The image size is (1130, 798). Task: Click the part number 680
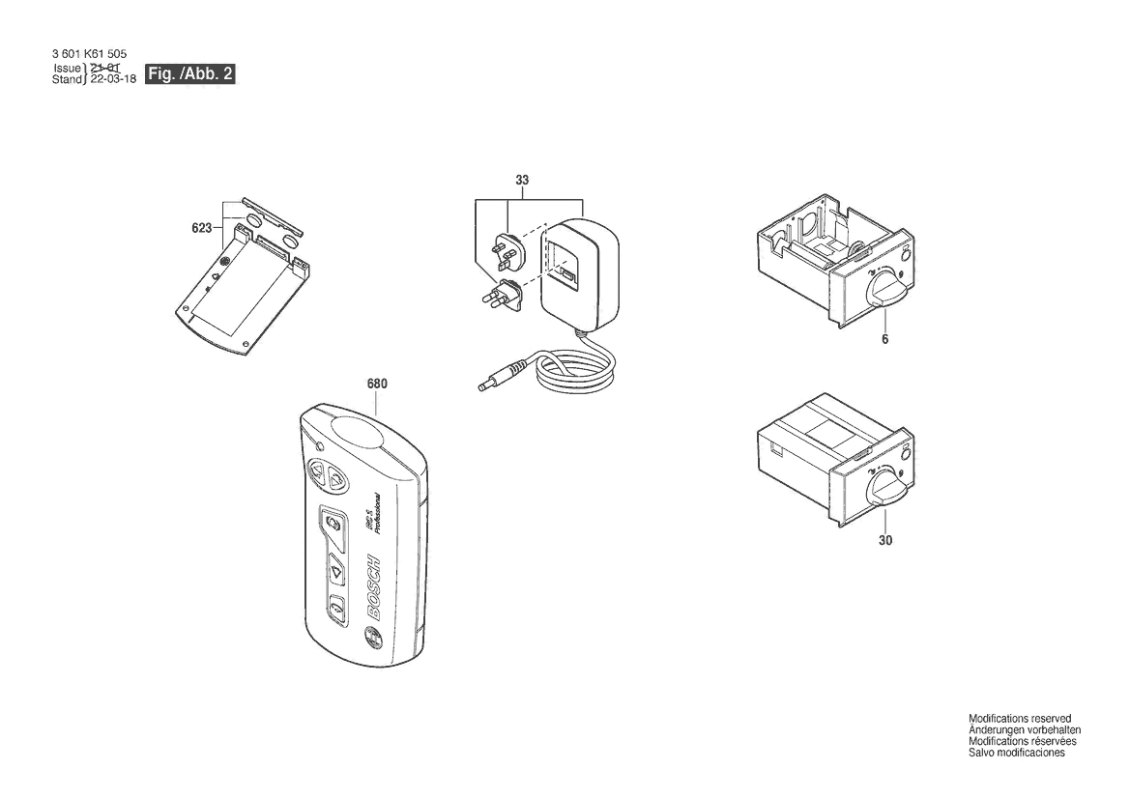tap(377, 384)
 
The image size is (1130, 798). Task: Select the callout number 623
tap(202, 229)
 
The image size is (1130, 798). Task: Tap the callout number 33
tap(522, 181)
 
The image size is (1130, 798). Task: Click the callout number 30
tap(885, 540)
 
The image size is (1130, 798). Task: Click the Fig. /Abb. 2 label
tap(190, 74)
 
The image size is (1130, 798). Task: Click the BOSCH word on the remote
tap(375, 584)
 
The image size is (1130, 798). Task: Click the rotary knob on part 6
tap(885, 290)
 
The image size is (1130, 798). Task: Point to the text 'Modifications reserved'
tap(1020, 719)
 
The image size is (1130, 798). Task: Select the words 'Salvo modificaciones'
tap(1016, 753)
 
